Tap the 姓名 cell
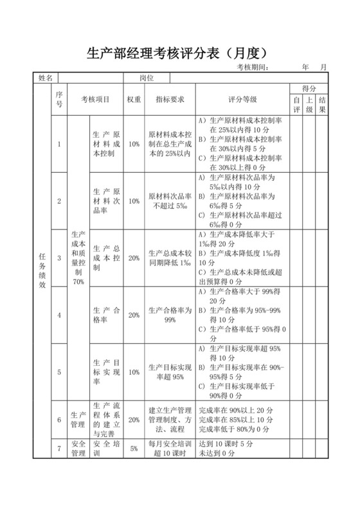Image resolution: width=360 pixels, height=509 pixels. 46,78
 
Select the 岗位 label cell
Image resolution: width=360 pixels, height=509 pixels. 147,78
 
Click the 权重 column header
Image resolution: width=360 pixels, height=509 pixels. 134,100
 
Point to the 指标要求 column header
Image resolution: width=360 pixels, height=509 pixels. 170,100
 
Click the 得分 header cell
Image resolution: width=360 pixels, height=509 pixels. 309,89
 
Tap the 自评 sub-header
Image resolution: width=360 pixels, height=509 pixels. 296,105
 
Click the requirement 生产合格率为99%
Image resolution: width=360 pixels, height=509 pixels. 170,315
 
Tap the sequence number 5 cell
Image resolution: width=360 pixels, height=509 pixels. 59,371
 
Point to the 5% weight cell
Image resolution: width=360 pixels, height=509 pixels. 134,449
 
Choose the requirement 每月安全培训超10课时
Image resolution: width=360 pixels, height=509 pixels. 170,449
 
